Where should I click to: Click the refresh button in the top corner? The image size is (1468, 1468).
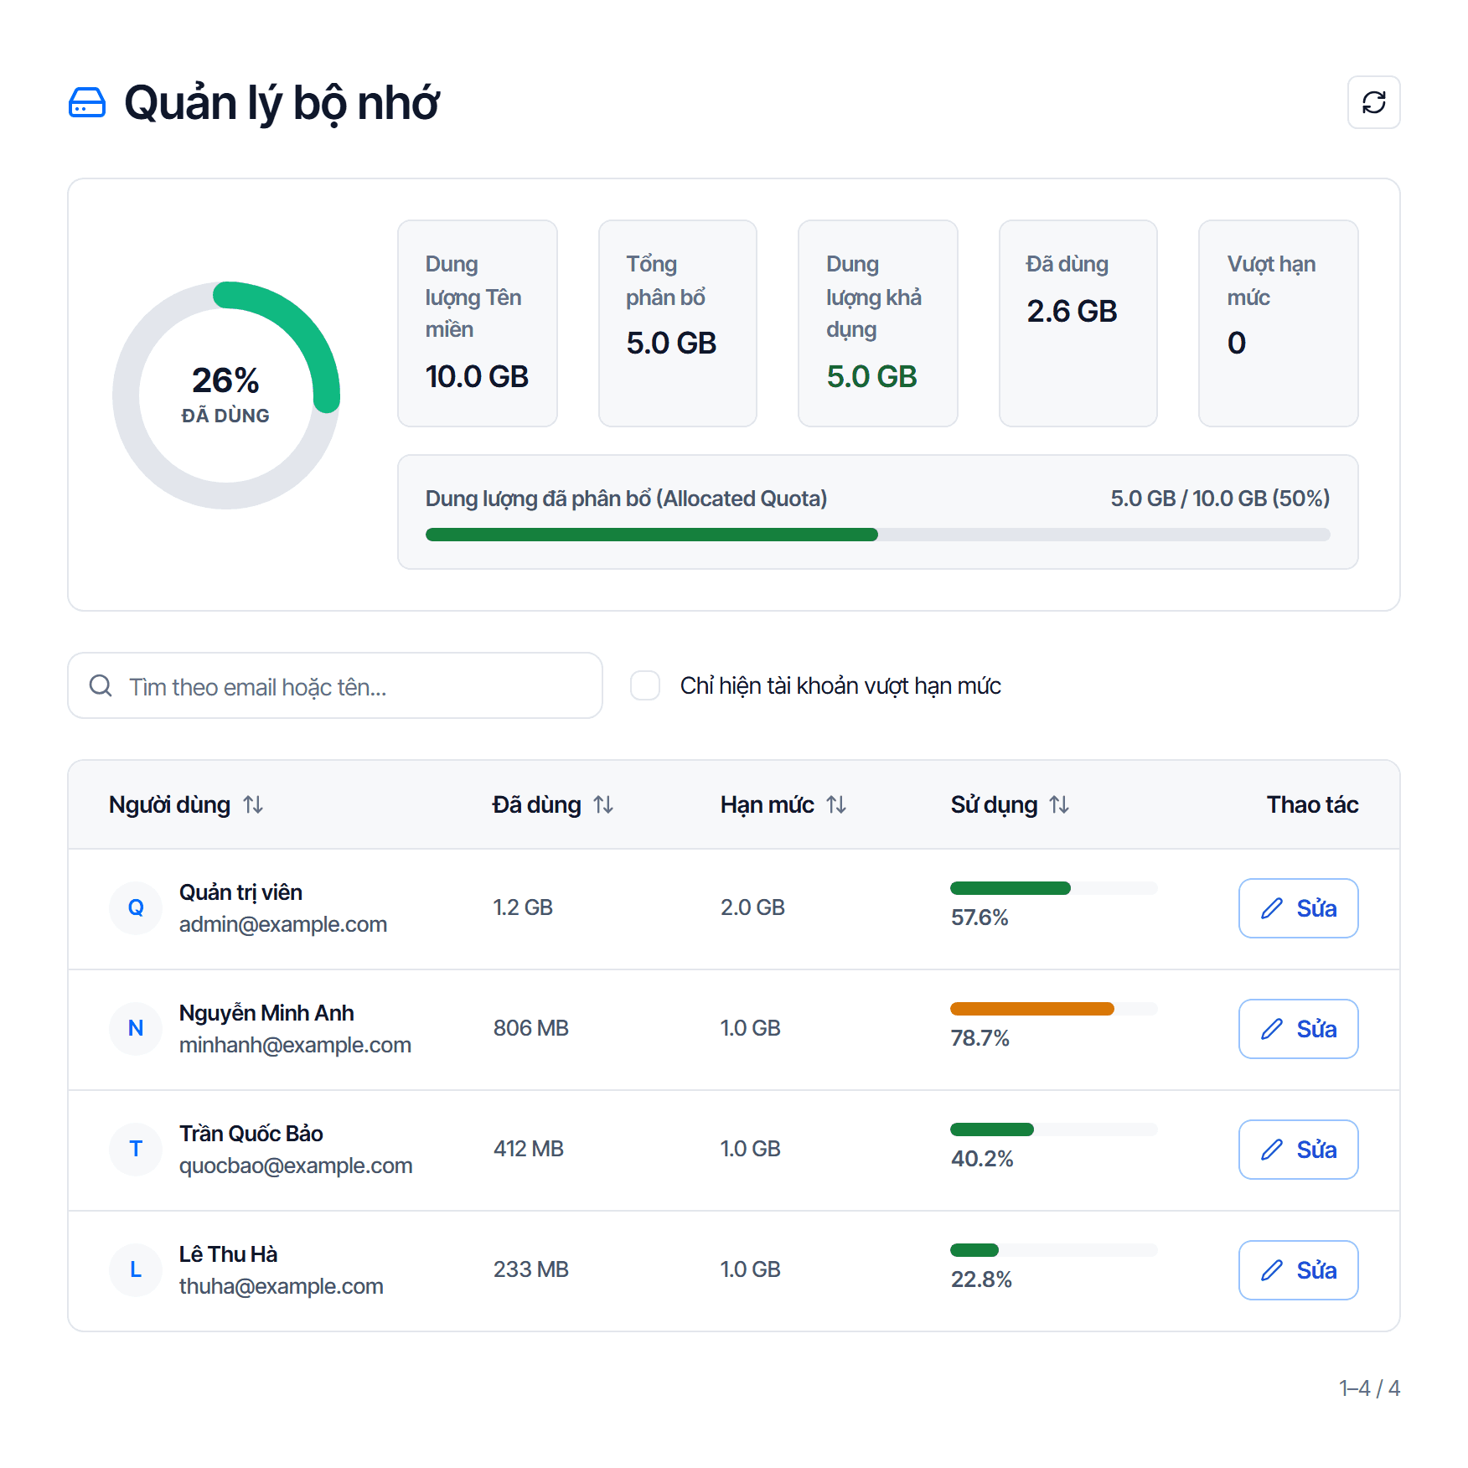pyautogui.click(x=1373, y=102)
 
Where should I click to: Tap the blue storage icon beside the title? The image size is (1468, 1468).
pyautogui.click(x=87, y=102)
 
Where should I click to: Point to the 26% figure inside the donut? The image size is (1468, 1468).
pyautogui.click(x=225, y=380)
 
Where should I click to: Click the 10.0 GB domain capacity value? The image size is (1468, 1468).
pyautogui.click(x=477, y=377)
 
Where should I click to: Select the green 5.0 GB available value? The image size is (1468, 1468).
pyautogui.click(x=871, y=377)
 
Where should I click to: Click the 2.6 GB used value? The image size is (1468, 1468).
pyautogui.click(x=1072, y=312)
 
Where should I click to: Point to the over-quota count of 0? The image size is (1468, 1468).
pyautogui.click(x=1237, y=344)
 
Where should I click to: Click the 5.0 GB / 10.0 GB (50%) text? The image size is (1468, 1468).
pyautogui.click(x=1220, y=499)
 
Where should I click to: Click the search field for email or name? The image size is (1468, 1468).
pyautogui.click(x=335, y=685)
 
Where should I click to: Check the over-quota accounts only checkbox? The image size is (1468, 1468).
pyautogui.click(x=645, y=685)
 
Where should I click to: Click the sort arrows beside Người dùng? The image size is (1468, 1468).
pyautogui.click(x=253, y=804)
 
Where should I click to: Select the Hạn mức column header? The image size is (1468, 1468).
pyautogui.click(x=767, y=804)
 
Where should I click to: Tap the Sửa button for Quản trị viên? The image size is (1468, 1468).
pyautogui.click(x=1298, y=908)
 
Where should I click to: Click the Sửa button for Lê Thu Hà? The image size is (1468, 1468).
pyautogui.click(x=1298, y=1270)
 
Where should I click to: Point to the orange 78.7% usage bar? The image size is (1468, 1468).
pyautogui.click(x=1031, y=1009)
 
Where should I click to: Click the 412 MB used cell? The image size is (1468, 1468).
pyautogui.click(x=529, y=1149)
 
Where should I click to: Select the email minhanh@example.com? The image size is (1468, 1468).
pyautogui.click(x=295, y=1045)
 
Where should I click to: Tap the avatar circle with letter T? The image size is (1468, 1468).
pyautogui.click(x=136, y=1149)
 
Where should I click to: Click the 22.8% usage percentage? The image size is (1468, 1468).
pyautogui.click(x=981, y=1279)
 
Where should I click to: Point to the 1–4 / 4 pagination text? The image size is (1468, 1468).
pyautogui.click(x=1369, y=1388)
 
